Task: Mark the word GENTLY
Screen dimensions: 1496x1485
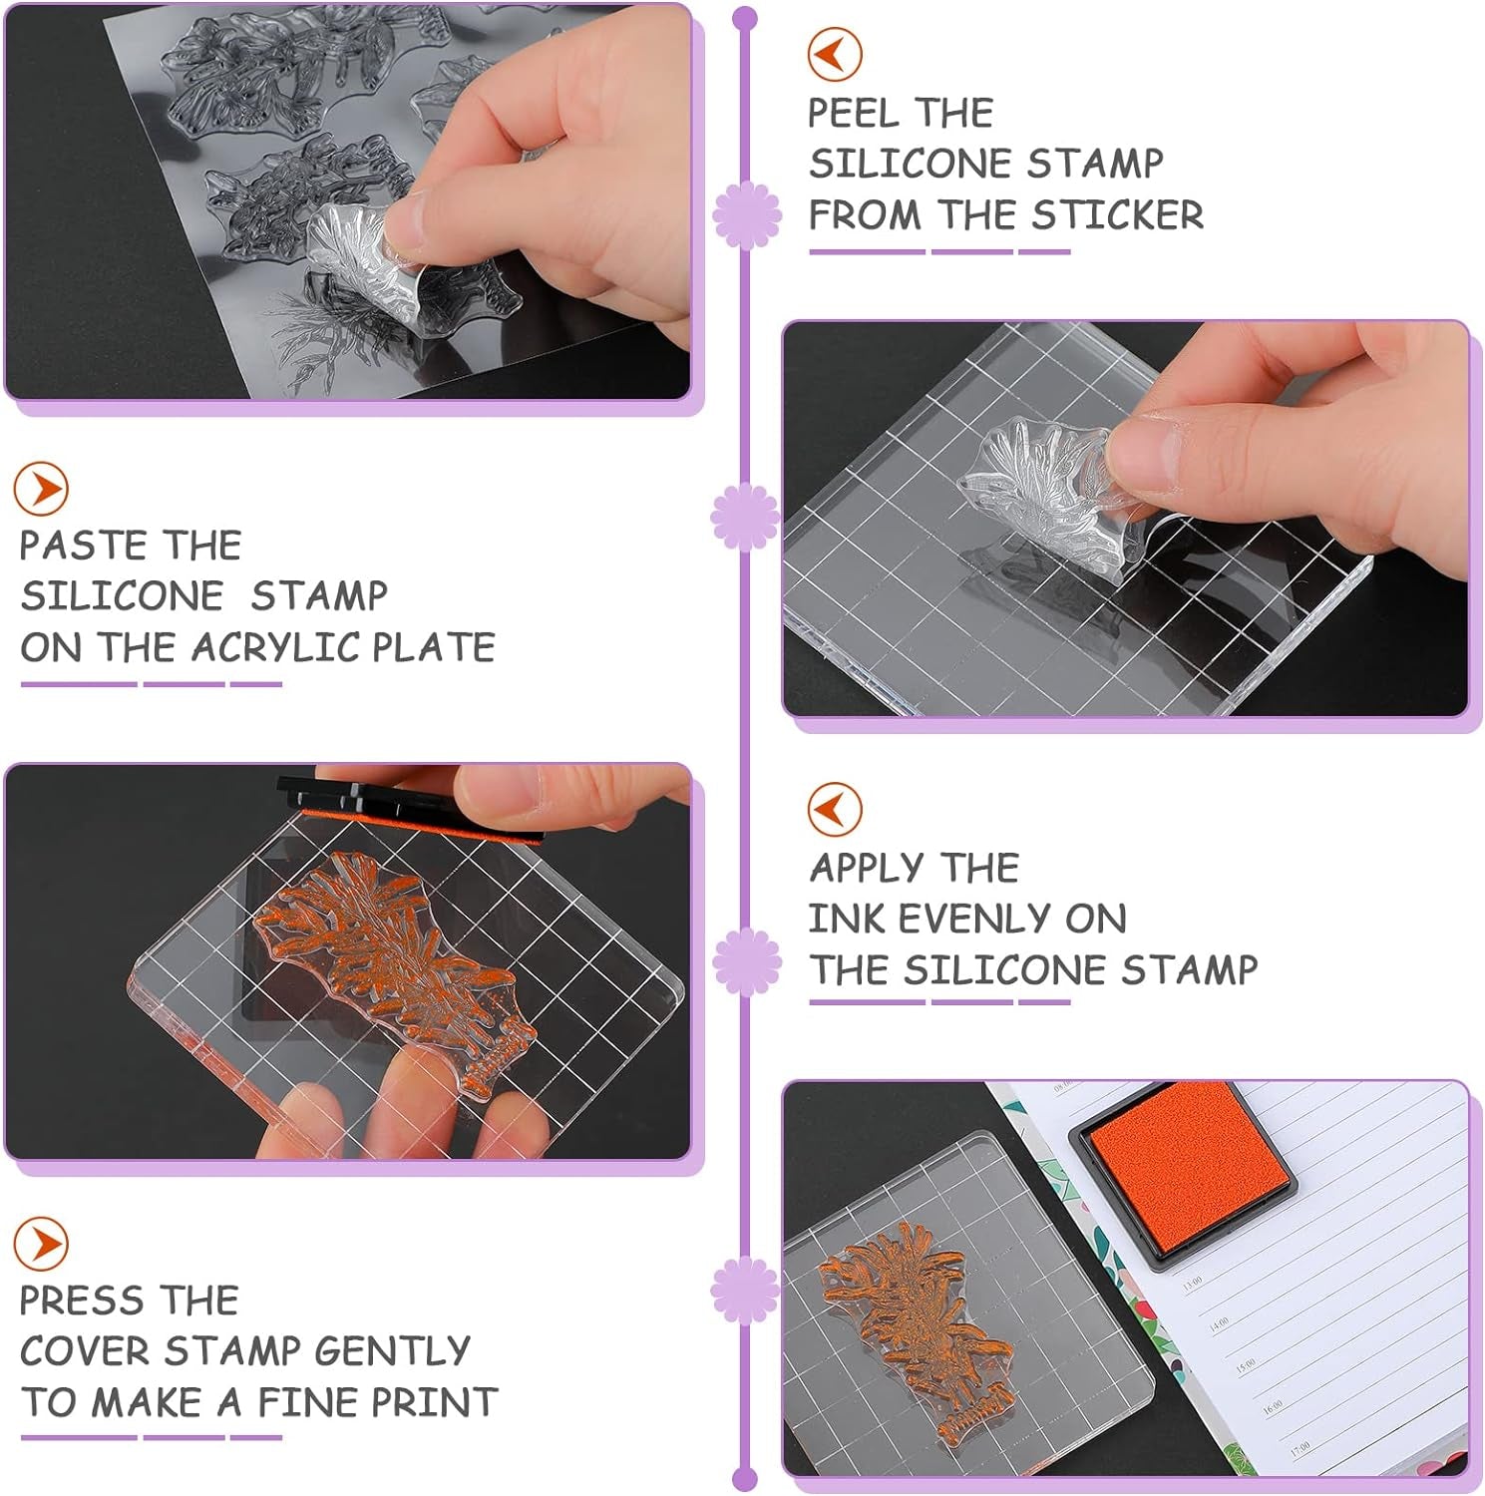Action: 391,1351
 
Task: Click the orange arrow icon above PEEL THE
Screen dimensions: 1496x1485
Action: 834,54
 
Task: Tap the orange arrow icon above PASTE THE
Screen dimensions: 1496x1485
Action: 41,489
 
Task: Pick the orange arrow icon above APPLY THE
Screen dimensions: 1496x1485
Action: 834,808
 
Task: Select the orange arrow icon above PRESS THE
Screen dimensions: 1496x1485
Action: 41,1244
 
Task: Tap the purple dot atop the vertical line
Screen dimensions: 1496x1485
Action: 744,18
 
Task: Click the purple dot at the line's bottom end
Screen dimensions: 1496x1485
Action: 744,1478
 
